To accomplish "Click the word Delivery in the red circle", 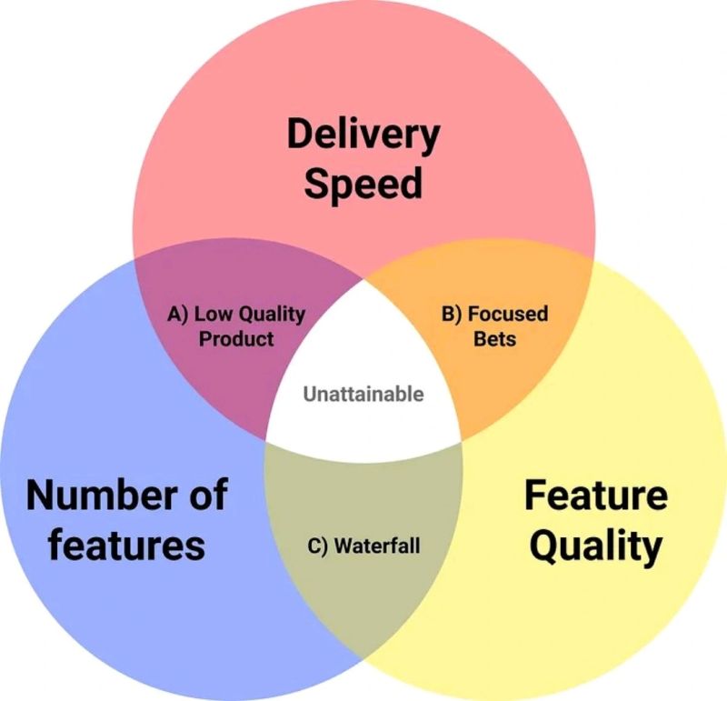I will pyautogui.click(x=363, y=135).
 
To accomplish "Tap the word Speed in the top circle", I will pyautogui.click(x=363, y=183).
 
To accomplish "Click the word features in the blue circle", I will pyautogui.click(x=126, y=545).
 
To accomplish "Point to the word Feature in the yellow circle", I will pyautogui.click(x=595, y=496).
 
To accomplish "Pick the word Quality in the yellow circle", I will pyautogui.click(x=595, y=546).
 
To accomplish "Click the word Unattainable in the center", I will pyautogui.click(x=363, y=395).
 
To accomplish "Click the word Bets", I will pyautogui.click(x=495, y=339).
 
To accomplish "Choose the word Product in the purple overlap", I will pyautogui.click(x=236, y=339).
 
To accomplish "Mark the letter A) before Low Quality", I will pyautogui.click(x=179, y=315).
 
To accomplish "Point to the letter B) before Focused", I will pyautogui.click(x=453, y=315).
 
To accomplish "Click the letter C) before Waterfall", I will pyautogui.click(x=316, y=546).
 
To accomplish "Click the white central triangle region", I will pyautogui.click(x=363, y=364).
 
